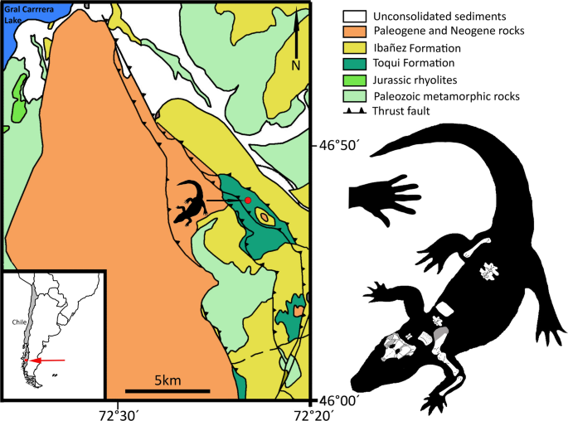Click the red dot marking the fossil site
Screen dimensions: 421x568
(247, 200)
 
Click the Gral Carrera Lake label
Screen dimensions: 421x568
(24, 13)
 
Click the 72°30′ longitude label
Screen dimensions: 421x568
(121, 412)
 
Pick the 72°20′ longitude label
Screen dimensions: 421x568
(311, 412)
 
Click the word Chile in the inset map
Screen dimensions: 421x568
(21, 322)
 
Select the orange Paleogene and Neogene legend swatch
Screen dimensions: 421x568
(354, 31)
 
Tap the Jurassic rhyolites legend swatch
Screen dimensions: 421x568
(354, 80)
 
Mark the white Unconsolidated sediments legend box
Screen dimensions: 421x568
(354, 15)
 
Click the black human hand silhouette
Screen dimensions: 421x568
(383, 197)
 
